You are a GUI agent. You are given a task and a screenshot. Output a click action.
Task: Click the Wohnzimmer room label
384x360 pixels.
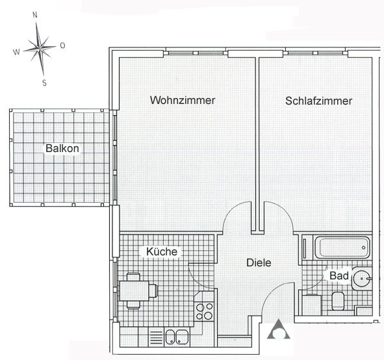(x=183, y=100)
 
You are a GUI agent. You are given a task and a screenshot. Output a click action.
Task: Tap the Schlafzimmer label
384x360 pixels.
(x=318, y=101)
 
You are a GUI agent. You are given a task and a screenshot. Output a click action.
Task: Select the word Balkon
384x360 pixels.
(x=62, y=148)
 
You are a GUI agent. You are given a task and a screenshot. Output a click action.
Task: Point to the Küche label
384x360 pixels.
(x=162, y=251)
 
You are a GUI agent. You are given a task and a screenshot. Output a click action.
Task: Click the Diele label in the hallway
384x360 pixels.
(x=259, y=263)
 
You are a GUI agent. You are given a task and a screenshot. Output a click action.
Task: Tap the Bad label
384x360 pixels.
(x=339, y=276)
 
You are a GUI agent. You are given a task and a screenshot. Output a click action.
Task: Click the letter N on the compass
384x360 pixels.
(x=35, y=15)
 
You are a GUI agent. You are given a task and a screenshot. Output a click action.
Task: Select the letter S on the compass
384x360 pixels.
(x=44, y=83)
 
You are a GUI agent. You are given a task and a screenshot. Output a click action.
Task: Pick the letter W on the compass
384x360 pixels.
(x=16, y=52)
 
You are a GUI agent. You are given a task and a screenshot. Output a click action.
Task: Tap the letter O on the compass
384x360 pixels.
(x=62, y=45)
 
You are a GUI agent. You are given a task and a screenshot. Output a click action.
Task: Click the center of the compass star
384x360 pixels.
(x=40, y=48)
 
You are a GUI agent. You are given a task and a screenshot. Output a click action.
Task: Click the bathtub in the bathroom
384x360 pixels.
(x=342, y=248)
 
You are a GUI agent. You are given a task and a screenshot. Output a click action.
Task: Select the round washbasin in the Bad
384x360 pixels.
(x=362, y=279)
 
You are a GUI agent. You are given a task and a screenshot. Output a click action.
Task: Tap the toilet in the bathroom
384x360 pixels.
(x=338, y=301)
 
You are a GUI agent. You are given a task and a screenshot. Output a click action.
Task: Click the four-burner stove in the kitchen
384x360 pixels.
(x=204, y=311)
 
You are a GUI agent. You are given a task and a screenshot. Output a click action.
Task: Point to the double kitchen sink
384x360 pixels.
(x=177, y=337)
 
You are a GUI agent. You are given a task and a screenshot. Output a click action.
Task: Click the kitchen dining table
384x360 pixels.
(x=134, y=291)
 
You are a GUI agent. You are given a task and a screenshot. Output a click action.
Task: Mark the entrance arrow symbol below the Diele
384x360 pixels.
(x=279, y=329)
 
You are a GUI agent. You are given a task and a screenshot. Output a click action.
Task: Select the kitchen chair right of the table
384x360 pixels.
(x=153, y=290)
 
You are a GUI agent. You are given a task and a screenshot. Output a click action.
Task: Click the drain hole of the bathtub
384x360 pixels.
(x=363, y=248)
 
